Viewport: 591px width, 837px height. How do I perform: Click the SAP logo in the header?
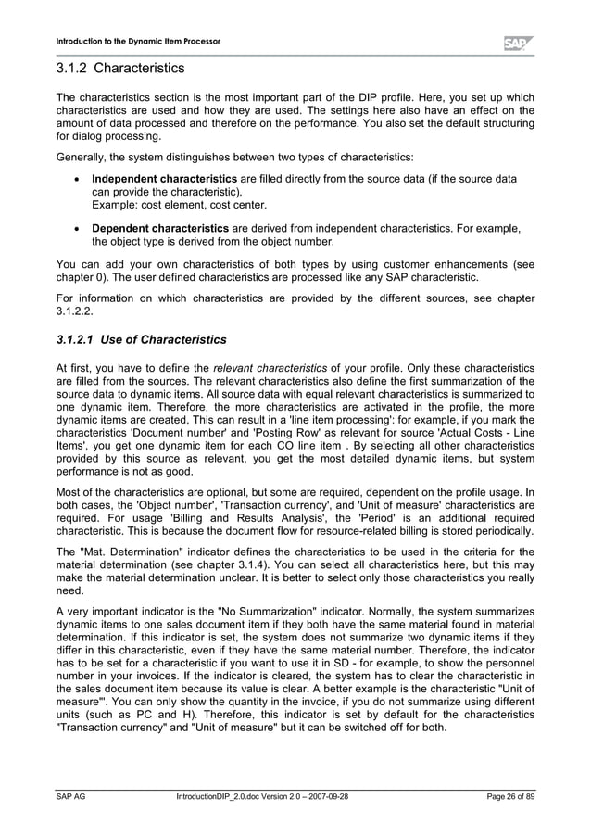(518, 43)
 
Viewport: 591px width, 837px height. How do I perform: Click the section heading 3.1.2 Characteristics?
(120, 69)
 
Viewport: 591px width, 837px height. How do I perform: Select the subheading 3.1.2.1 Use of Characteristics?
(141, 339)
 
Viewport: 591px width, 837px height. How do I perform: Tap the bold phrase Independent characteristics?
(164, 178)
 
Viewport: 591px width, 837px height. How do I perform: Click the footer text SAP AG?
(71, 796)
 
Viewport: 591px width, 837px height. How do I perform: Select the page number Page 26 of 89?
(510, 796)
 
